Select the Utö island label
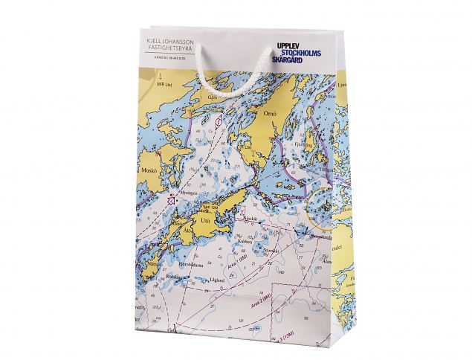[x=205, y=219]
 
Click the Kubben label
[x=245, y=242]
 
